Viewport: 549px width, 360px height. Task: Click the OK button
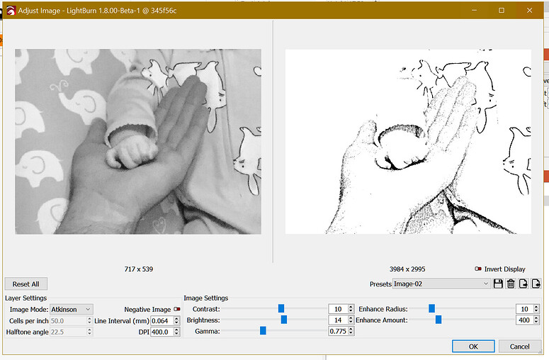click(x=473, y=347)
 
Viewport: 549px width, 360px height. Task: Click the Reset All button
click(x=26, y=283)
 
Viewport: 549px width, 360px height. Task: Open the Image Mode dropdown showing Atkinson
click(x=72, y=309)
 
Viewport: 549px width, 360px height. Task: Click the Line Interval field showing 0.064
click(x=165, y=320)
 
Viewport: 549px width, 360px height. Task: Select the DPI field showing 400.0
click(x=165, y=332)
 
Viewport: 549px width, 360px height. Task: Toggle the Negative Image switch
click(x=176, y=309)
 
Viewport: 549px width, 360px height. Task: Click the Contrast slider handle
click(x=281, y=308)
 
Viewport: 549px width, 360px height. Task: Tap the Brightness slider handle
click(x=284, y=320)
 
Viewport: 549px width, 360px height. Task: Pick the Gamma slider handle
click(x=263, y=331)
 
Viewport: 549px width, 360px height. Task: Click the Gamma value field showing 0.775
click(x=341, y=332)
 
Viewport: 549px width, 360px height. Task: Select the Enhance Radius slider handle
click(x=431, y=308)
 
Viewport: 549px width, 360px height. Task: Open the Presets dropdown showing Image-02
click(x=441, y=283)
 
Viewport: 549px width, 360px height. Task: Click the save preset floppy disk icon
click(x=498, y=283)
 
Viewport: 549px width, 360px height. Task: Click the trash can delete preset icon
click(x=510, y=283)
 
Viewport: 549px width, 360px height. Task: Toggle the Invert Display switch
click(x=478, y=269)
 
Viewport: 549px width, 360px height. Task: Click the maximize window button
click(x=502, y=10)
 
